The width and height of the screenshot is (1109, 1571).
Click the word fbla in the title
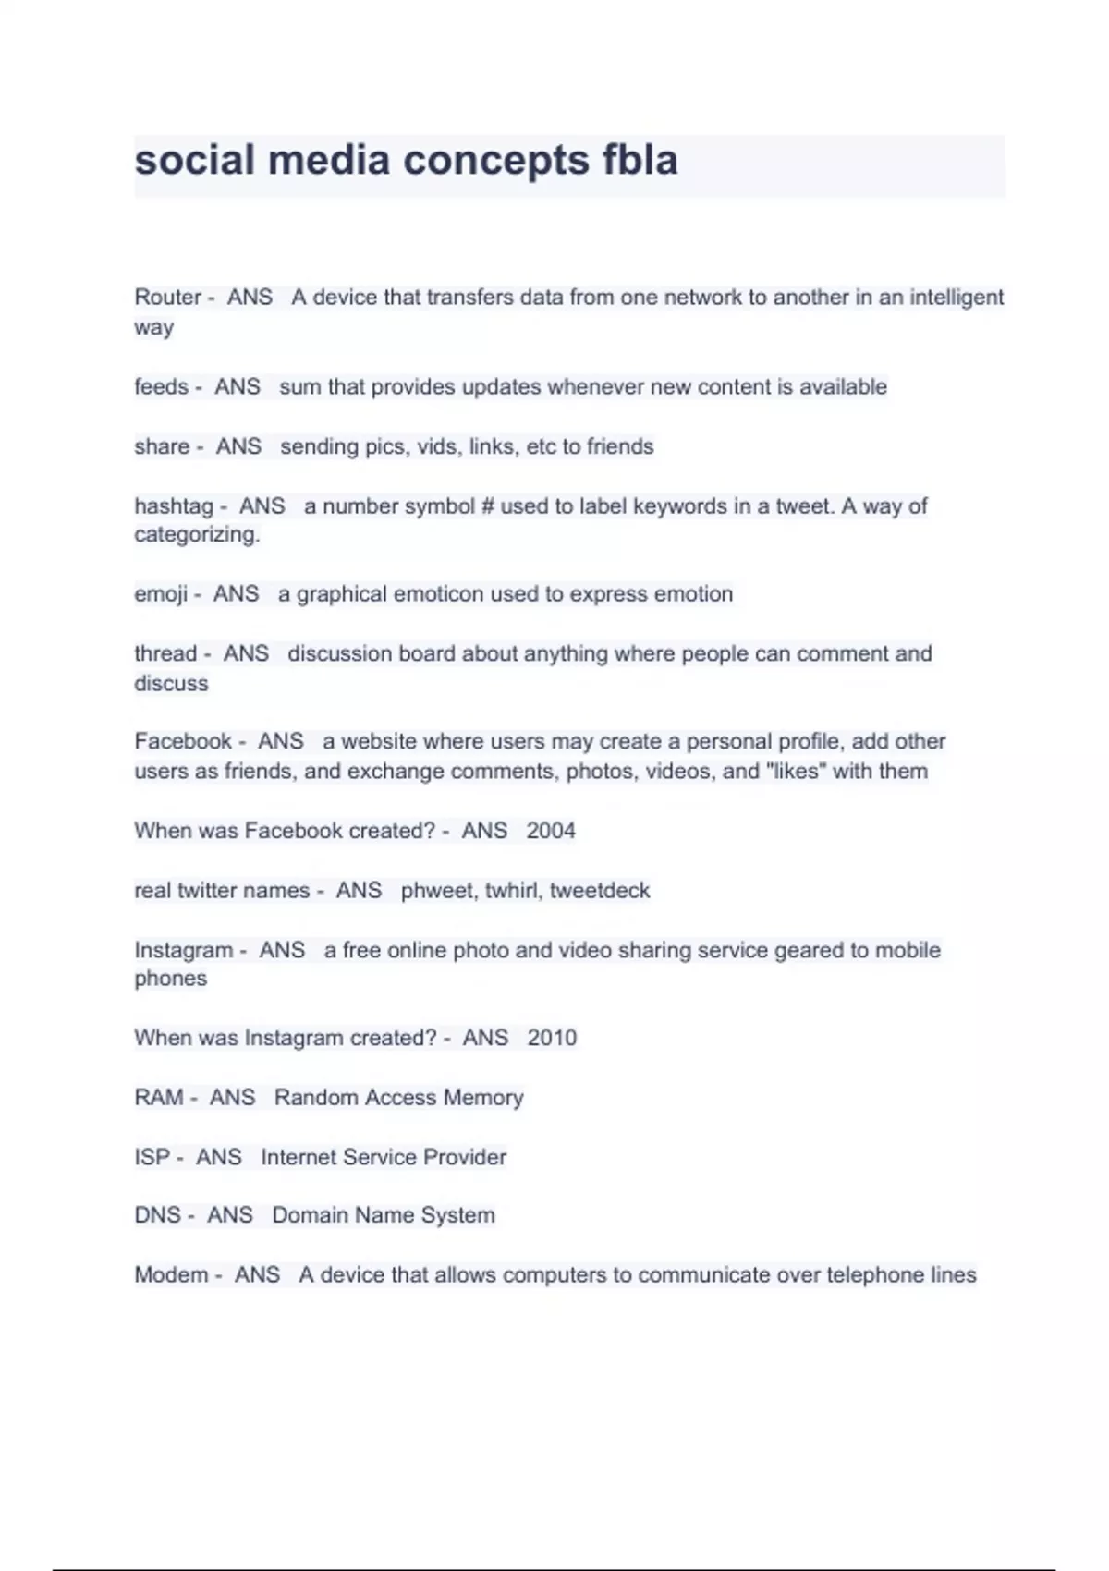click(640, 160)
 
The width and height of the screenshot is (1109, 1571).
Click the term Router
click(167, 298)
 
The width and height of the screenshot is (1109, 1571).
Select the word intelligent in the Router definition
click(957, 298)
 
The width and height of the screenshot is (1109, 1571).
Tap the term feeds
click(161, 387)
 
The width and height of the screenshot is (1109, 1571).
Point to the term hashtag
click(174, 506)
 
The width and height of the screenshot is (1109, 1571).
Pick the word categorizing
click(197, 535)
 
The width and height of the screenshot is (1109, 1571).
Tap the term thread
click(166, 654)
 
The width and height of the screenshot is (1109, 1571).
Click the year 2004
click(551, 831)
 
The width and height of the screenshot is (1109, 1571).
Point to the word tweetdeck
click(600, 891)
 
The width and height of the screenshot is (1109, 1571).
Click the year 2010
click(552, 1038)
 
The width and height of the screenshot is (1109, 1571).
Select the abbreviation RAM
click(159, 1098)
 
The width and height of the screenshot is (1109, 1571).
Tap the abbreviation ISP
click(152, 1157)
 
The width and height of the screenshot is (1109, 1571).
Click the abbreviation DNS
click(157, 1215)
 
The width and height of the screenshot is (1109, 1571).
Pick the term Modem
click(171, 1275)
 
